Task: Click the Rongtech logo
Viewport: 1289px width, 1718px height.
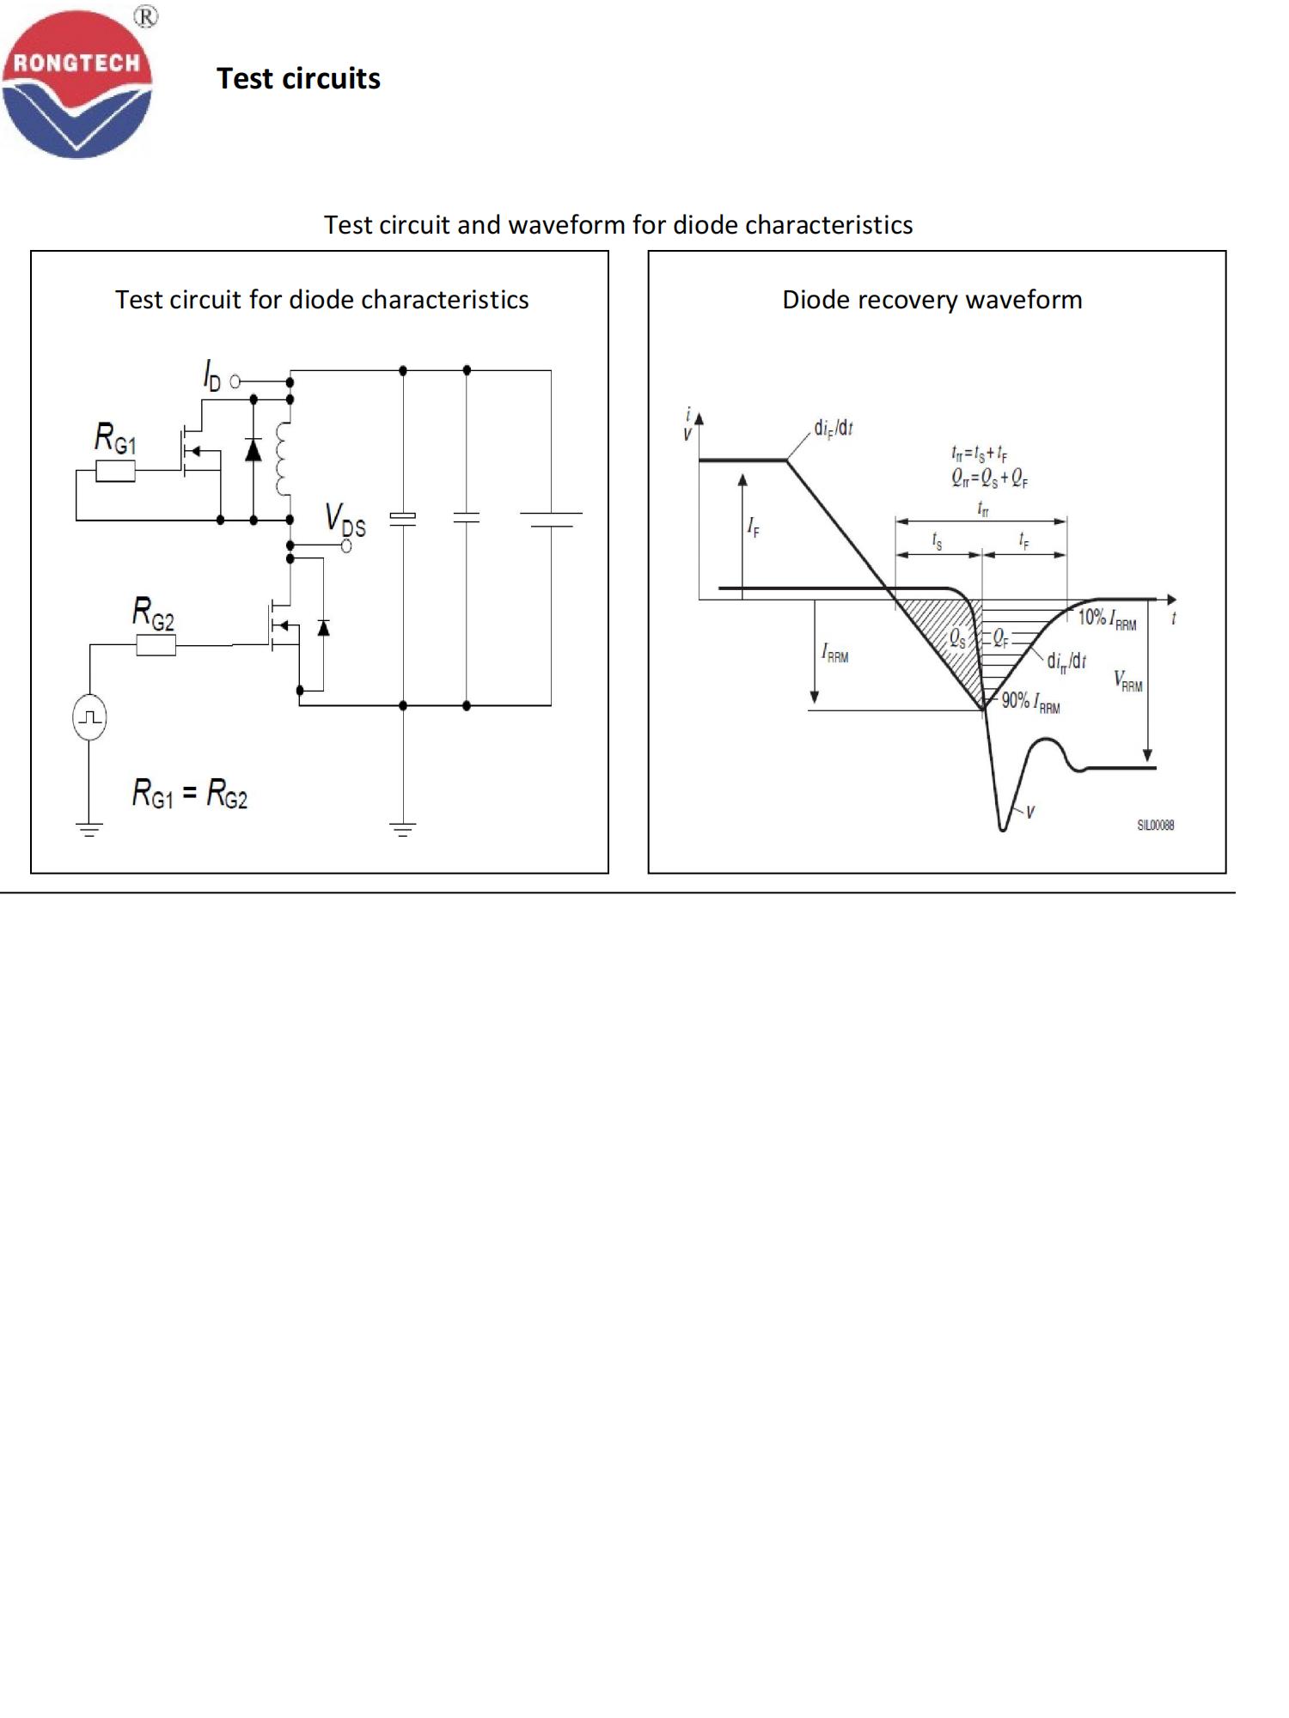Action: (77, 83)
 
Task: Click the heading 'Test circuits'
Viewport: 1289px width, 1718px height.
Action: (298, 79)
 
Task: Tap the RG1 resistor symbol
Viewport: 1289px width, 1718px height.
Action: (115, 471)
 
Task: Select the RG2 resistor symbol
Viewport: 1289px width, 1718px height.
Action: (156, 645)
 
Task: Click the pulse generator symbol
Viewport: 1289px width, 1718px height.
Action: (89, 717)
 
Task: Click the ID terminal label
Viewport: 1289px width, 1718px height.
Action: (211, 375)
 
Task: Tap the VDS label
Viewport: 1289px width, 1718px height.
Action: (345, 520)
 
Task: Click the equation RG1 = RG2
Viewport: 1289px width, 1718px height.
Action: (190, 793)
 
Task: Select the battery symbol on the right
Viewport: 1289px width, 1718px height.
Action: (551, 519)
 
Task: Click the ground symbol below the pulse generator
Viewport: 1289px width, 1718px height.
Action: (89, 829)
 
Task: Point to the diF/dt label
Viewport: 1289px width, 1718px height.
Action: (833, 428)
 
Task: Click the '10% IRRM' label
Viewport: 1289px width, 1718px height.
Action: (1107, 618)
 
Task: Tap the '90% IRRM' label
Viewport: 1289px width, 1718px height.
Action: (1030, 702)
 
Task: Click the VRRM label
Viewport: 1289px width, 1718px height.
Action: (1128, 681)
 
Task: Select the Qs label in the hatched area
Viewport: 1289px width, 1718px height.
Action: (957, 638)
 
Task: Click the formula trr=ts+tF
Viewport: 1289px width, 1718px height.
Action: (980, 453)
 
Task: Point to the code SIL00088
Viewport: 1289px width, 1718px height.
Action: (1155, 825)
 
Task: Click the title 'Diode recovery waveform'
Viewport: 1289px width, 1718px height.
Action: (932, 300)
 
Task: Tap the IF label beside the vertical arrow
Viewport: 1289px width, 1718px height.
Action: (754, 527)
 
